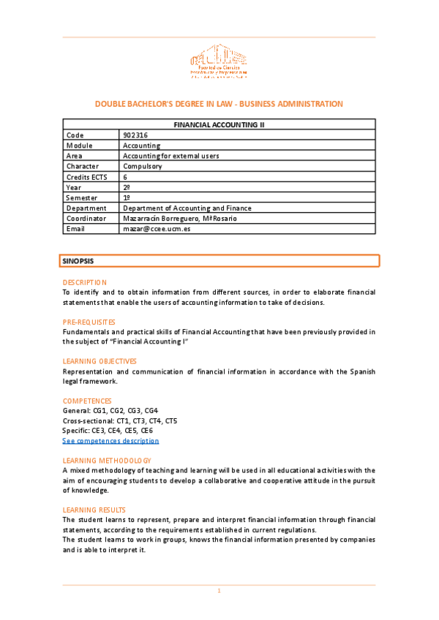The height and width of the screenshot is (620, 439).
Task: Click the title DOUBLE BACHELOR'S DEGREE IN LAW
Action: (x=219, y=104)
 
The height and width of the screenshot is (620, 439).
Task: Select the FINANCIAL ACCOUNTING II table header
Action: (x=219, y=125)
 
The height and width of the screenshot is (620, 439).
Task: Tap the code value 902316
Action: (x=137, y=135)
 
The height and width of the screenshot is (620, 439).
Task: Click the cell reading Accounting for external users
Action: (x=170, y=156)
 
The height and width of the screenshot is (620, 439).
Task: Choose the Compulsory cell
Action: (x=143, y=166)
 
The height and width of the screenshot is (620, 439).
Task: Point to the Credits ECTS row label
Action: (x=86, y=177)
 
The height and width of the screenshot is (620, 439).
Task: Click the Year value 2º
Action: (x=127, y=187)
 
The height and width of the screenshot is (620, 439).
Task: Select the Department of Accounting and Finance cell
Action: (x=184, y=208)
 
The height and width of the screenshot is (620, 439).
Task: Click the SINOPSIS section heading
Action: (x=78, y=260)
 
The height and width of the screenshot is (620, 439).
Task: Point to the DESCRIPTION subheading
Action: (x=84, y=282)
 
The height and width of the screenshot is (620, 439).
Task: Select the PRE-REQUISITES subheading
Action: (x=89, y=322)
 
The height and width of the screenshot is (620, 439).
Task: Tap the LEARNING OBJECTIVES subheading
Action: (x=100, y=361)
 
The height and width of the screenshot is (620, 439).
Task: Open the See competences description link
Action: (x=110, y=441)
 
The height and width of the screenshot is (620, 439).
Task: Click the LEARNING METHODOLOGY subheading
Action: (x=107, y=461)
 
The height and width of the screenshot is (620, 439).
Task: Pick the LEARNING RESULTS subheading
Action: (x=94, y=510)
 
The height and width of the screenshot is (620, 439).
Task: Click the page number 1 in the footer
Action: (x=219, y=591)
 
